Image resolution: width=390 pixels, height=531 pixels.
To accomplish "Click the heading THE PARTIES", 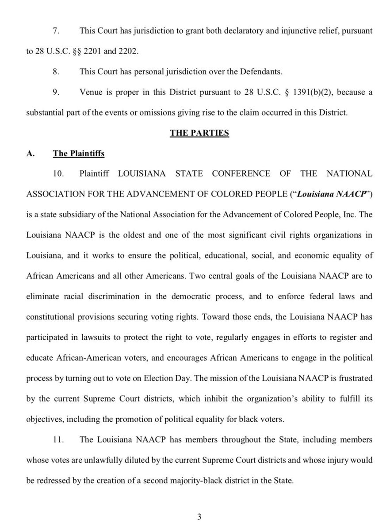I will coord(199,133).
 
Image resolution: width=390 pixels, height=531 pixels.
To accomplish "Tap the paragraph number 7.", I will coord(55,31).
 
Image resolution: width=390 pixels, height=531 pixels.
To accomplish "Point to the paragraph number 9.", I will coord(55,92).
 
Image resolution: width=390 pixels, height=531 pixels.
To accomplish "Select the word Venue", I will coord(91,92).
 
